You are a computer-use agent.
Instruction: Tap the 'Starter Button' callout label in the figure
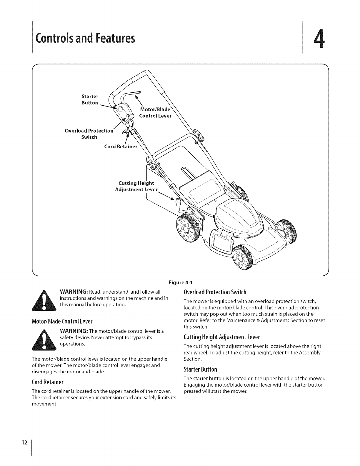(90, 99)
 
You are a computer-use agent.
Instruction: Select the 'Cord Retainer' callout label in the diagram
(121, 147)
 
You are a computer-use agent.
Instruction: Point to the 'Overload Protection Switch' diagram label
(89, 134)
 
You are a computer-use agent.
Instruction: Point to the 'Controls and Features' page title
(85, 39)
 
